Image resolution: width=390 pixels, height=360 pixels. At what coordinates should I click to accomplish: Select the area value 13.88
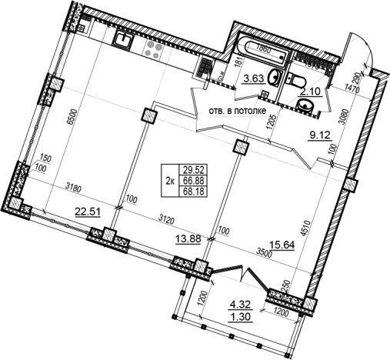point(188,239)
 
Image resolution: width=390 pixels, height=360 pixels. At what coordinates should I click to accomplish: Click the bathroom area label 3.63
point(255,78)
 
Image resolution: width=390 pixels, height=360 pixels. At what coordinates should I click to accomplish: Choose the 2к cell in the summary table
point(169,180)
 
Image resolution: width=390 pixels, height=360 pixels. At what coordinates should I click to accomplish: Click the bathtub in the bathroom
point(258,56)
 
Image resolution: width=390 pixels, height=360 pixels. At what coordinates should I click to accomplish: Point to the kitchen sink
point(125,36)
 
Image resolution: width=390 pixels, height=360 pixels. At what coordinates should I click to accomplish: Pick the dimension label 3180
point(75,187)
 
